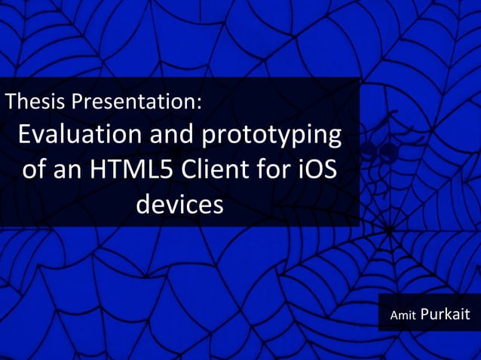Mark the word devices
179,203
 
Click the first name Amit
403,316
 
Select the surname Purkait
445,314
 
